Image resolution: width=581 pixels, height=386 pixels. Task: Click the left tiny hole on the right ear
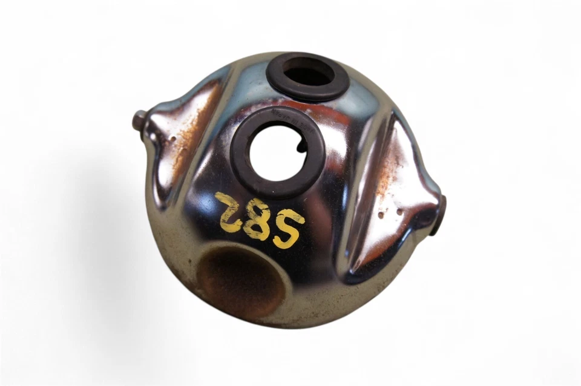point(379,214)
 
